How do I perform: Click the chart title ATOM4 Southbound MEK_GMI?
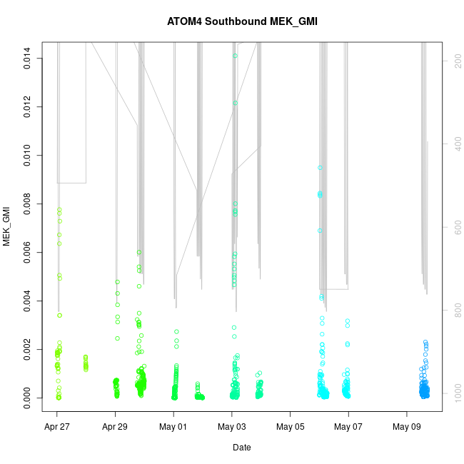pyautogui.click(x=241, y=22)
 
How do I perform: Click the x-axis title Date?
pyautogui.click(x=241, y=448)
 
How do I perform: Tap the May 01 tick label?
pyautogui.click(x=173, y=428)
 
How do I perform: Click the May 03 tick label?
pyautogui.click(x=232, y=428)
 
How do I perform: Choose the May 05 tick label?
pyautogui.click(x=290, y=428)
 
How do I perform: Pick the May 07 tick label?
pyautogui.click(x=348, y=428)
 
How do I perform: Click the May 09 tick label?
pyautogui.click(x=406, y=428)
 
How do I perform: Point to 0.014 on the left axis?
pyautogui.click(x=28, y=59)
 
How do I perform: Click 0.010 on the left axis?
pyautogui.click(x=28, y=156)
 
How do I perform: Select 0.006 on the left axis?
pyautogui.click(x=28, y=253)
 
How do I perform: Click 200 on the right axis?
pyautogui.click(x=454, y=63)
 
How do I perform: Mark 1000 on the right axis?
pyautogui.click(x=454, y=393)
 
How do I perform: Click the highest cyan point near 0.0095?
pyautogui.click(x=320, y=168)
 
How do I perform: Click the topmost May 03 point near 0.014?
pyautogui.click(x=235, y=56)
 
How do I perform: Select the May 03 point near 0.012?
pyautogui.click(x=235, y=103)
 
